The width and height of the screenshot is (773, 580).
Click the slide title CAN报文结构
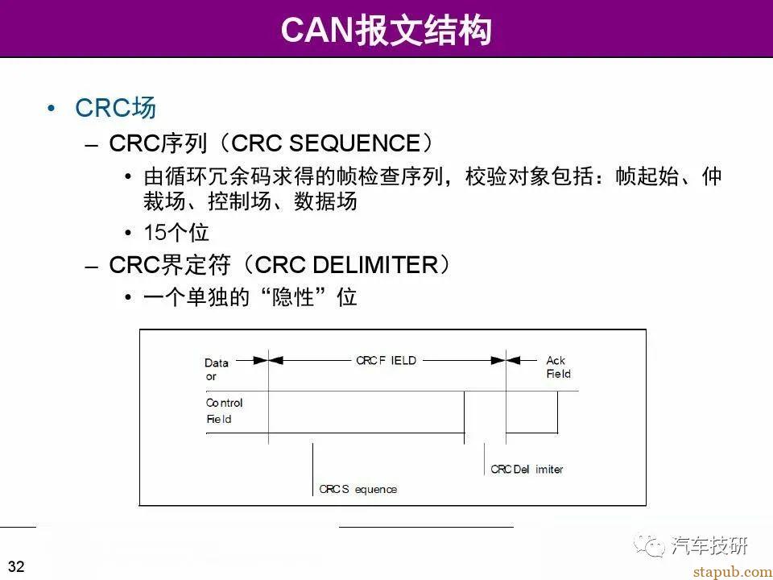click(386, 31)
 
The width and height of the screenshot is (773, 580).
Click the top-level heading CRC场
click(115, 108)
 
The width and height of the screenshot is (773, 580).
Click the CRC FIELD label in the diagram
click(386, 360)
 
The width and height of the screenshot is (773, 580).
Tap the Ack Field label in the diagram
click(558, 367)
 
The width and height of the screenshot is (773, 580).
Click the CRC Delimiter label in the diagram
click(527, 469)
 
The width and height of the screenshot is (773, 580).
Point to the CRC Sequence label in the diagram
click(358, 489)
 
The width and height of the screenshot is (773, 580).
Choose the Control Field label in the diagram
click(224, 411)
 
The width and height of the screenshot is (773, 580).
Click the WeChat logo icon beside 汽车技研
click(649, 547)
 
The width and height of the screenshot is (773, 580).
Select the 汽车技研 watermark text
click(709, 546)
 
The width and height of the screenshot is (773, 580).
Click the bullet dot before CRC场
click(52, 109)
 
